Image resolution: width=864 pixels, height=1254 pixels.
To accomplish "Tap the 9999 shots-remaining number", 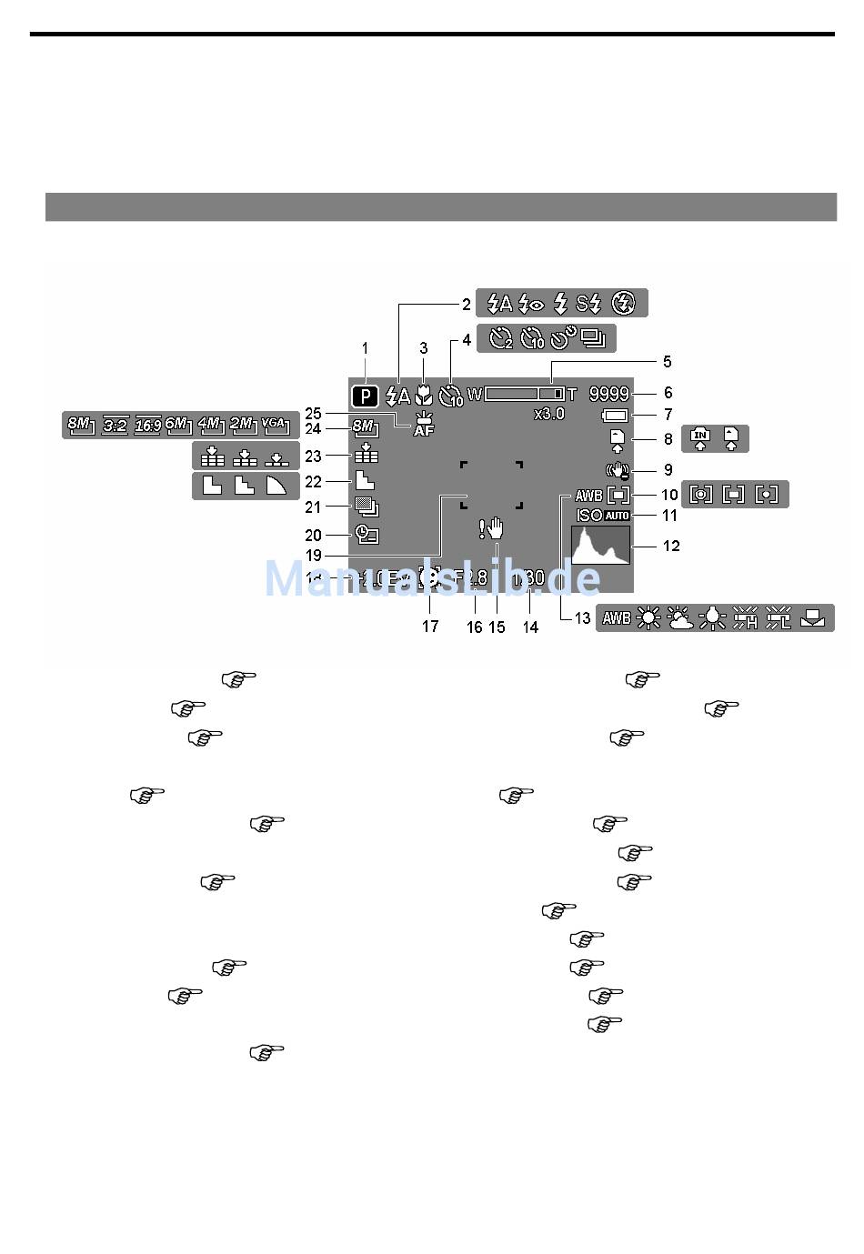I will pyautogui.click(x=608, y=394).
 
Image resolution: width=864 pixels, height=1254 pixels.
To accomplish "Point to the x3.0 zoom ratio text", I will pyautogui.click(x=548, y=414).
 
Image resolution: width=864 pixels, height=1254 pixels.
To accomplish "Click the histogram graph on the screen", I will pyautogui.click(x=600, y=546).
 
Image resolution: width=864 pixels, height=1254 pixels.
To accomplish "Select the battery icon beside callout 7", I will pyautogui.click(x=614, y=415).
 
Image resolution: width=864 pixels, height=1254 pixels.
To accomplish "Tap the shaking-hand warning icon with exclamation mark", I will pyautogui.click(x=491, y=528).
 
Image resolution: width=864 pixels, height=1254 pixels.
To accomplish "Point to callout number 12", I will pyautogui.click(x=671, y=547).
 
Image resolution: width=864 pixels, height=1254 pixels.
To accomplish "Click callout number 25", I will pyautogui.click(x=314, y=411).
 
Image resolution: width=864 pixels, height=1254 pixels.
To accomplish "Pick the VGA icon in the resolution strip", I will pyautogui.click(x=273, y=424).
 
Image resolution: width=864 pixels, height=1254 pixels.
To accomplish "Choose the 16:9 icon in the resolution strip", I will pyautogui.click(x=147, y=425).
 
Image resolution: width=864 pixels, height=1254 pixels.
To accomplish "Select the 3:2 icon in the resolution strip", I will pyautogui.click(x=115, y=425).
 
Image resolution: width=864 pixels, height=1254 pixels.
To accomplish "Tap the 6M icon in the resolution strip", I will pyautogui.click(x=178, y=424).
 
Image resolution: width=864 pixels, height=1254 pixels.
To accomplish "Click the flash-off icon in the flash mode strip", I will pyautogui.click(x=624, y=303).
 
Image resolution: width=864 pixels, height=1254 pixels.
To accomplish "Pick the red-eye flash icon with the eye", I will pyautogui.click(x=530, y=303).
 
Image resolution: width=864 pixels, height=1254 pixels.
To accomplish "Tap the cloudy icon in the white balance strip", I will pyautogui.click(x=679, y=618).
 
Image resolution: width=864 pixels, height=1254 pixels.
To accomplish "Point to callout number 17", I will pyautogui.click(x=430, y=626).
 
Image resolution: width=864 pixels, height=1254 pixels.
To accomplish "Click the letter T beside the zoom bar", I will pyautogui.click(x=572, y=395).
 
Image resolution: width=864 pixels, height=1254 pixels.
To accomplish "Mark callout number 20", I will pyautogui.click(x=314, y=536).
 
